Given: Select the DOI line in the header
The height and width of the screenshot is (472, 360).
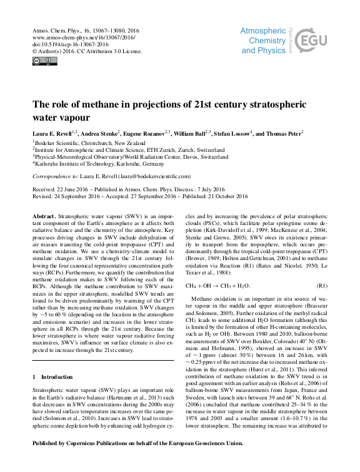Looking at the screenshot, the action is pos(58,44).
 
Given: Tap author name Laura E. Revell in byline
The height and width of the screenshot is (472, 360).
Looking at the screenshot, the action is pos(51,133).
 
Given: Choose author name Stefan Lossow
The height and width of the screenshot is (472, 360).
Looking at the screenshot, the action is pos(231,133).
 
